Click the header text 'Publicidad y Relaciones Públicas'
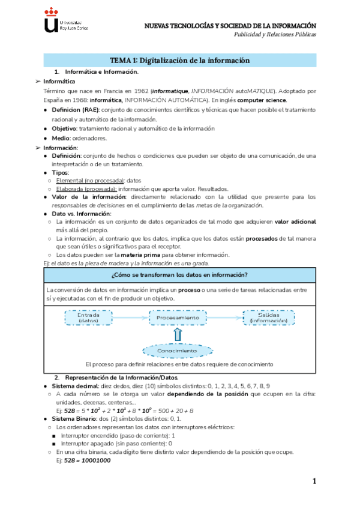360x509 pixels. [275, 34]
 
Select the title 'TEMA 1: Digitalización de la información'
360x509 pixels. [180, 60]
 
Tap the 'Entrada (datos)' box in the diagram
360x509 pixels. [88, 318]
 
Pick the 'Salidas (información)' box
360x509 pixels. [268, 318]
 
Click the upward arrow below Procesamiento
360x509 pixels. [177, 333]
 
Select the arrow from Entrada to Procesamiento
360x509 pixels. [130, 318]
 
